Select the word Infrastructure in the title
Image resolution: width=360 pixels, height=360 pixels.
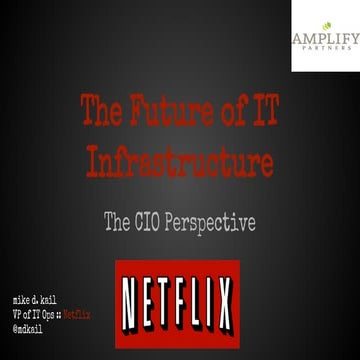point(178,160)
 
